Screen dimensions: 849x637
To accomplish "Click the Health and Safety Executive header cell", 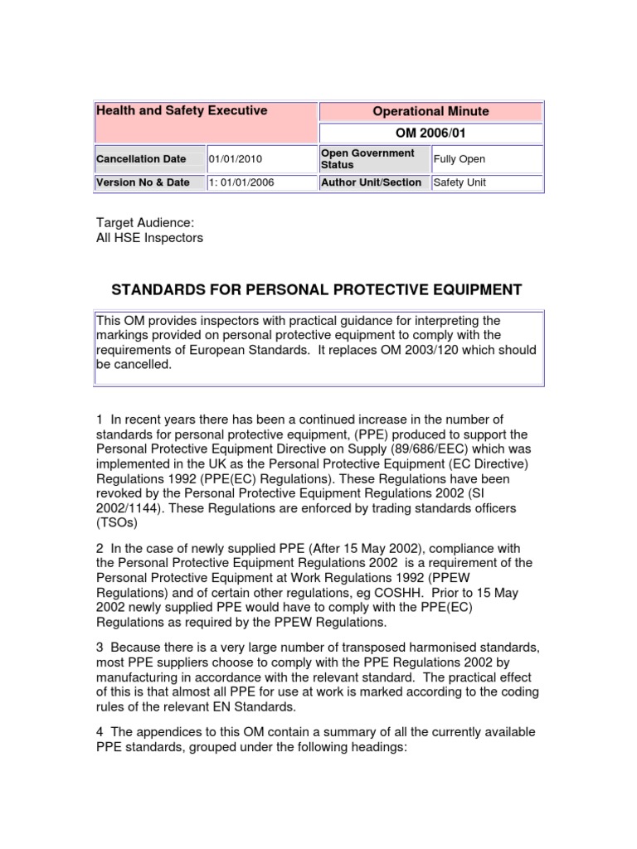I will [182, 110].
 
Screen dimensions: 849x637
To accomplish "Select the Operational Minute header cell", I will [430, 111].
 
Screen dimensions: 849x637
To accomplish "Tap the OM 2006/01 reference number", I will [430, 133].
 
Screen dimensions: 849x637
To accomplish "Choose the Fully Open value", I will [460, 159].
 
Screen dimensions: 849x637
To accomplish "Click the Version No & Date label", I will [143, 182].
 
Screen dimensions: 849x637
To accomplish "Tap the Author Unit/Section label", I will [371, 182].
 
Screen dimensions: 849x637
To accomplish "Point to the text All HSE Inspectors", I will [150, 238].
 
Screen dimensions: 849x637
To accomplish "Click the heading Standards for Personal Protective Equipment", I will [317, 289].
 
